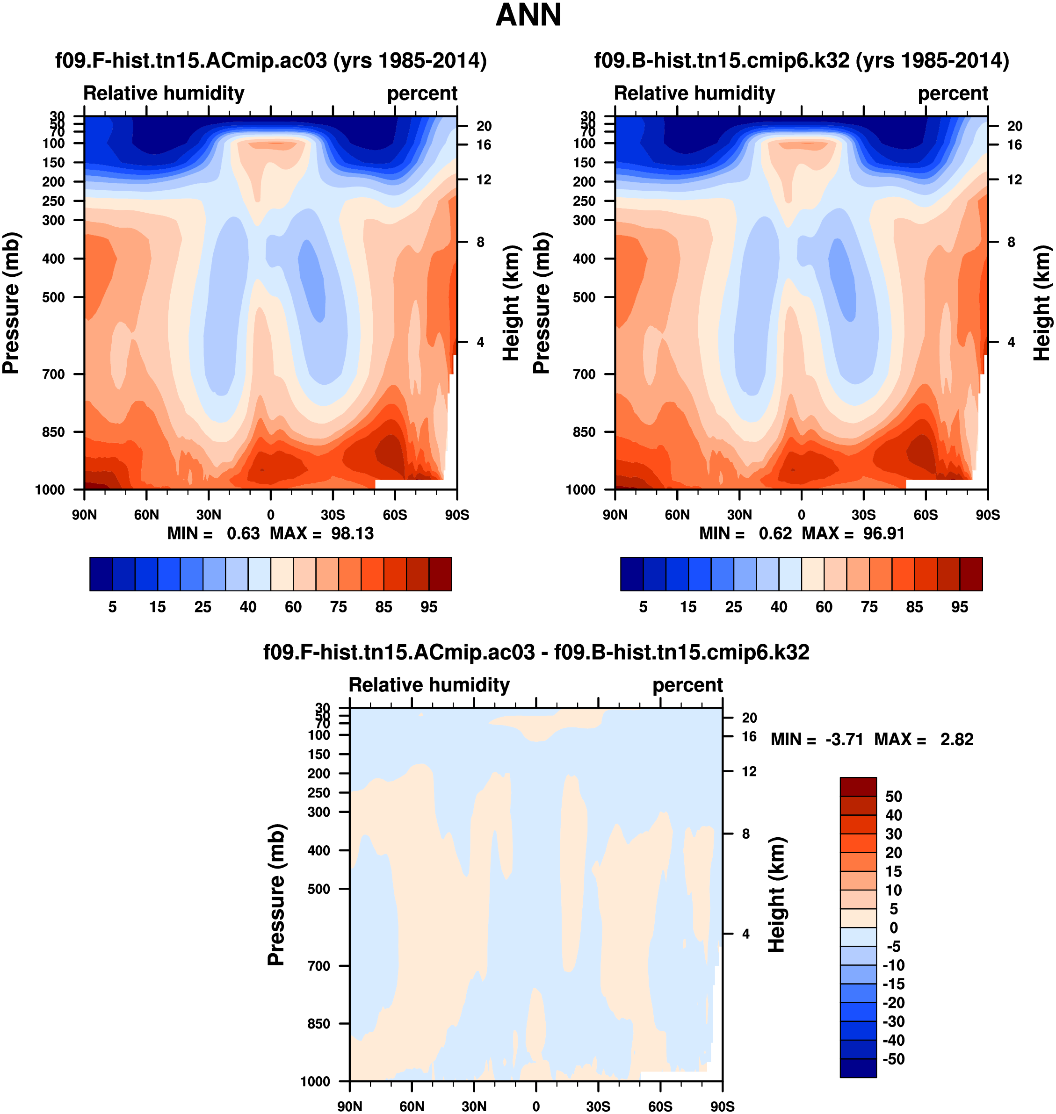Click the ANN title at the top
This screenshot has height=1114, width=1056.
click(x=528, y=15)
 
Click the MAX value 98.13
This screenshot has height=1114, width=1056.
click(x=352, y=533)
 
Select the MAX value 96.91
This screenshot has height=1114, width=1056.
click(x=884, y=533)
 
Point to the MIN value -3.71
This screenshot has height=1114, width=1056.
click(x=844, y=739)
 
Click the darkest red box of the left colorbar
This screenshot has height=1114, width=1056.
click(x=440, y=574)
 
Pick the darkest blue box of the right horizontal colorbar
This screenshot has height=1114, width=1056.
click(x=631, y=574)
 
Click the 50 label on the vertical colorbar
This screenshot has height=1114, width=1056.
click(x=893, y=797)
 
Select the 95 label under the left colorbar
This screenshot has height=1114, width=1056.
click(x=429, y=607)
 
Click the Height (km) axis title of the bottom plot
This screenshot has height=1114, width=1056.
click(x=776, y=895)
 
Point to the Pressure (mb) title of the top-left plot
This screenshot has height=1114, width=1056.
click(x=11, y=303)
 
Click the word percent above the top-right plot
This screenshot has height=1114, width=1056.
click(x=953, y=93)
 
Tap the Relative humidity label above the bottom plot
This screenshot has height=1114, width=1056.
click(x=429, y=685)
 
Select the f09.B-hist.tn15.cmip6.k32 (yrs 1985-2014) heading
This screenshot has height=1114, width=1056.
click(x=802, y=61)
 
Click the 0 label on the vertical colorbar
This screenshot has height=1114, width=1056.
click(x=893, y=928)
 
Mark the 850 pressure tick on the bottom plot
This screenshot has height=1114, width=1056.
click(x=318, y=1023)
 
